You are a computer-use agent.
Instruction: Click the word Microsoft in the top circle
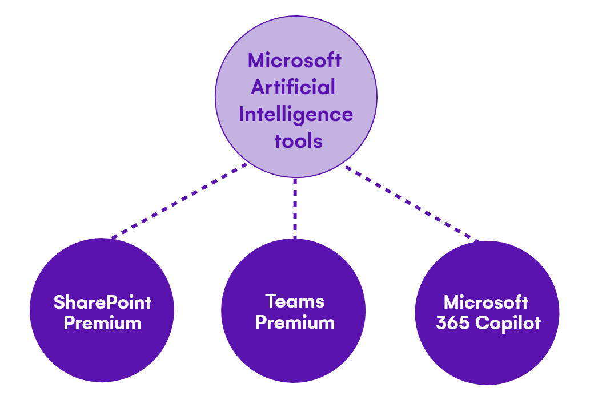click(x=295, y=60)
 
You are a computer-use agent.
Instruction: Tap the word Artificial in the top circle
click(x=293, y=87)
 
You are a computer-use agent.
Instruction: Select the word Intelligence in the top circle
click(x=295, y=114)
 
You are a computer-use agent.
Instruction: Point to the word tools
click(x=298, y=140)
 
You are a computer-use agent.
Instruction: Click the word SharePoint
click(x=102, y=302)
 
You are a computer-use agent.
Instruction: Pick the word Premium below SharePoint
click(x=102, y=323)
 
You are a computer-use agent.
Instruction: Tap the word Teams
click(x=295, y=301)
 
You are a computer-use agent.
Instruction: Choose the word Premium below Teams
click(x=295, y=322)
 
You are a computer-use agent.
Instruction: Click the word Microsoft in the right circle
click(x=486, y=302)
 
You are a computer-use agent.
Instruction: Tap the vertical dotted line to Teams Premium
click(x=295, y=208)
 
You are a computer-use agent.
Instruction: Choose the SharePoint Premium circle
click(x=102, y=354)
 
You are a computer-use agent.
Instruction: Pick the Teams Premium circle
click(x=293, y=354)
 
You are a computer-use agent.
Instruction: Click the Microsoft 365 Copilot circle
click(x=487, y=357)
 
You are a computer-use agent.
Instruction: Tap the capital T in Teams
click(x=271, y=301)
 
